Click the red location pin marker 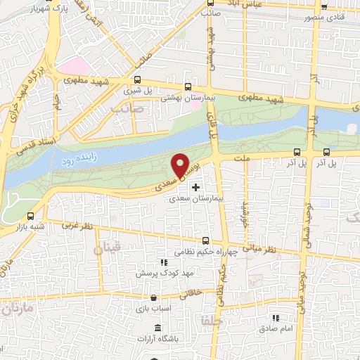(x=181, y=165)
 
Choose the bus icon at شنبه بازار (x=30, y=216)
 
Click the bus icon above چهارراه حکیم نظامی (x=205, y=240)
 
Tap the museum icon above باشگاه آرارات (x=156, y=328)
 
